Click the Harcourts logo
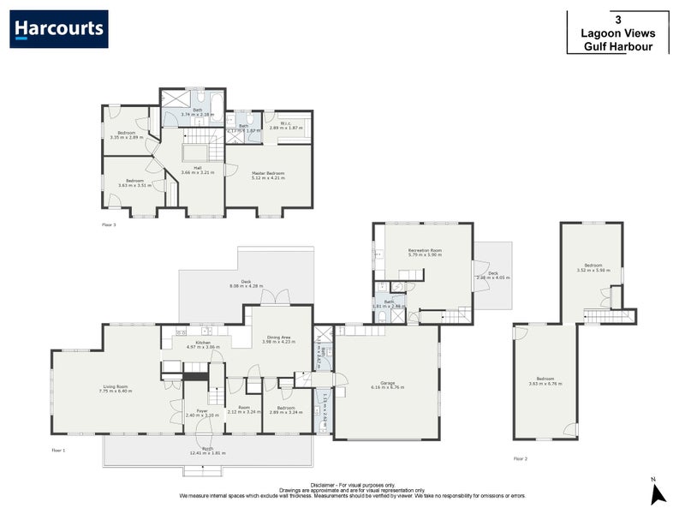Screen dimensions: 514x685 point(59,29)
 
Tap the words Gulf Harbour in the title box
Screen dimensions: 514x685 point(617,47)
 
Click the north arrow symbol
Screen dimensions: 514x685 point(657,493)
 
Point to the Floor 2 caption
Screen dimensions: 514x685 point(520,459)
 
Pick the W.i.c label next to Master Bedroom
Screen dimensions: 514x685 point(285,124)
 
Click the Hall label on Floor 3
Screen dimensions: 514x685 point(197,170)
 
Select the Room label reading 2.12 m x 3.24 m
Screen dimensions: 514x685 point(244,409)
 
